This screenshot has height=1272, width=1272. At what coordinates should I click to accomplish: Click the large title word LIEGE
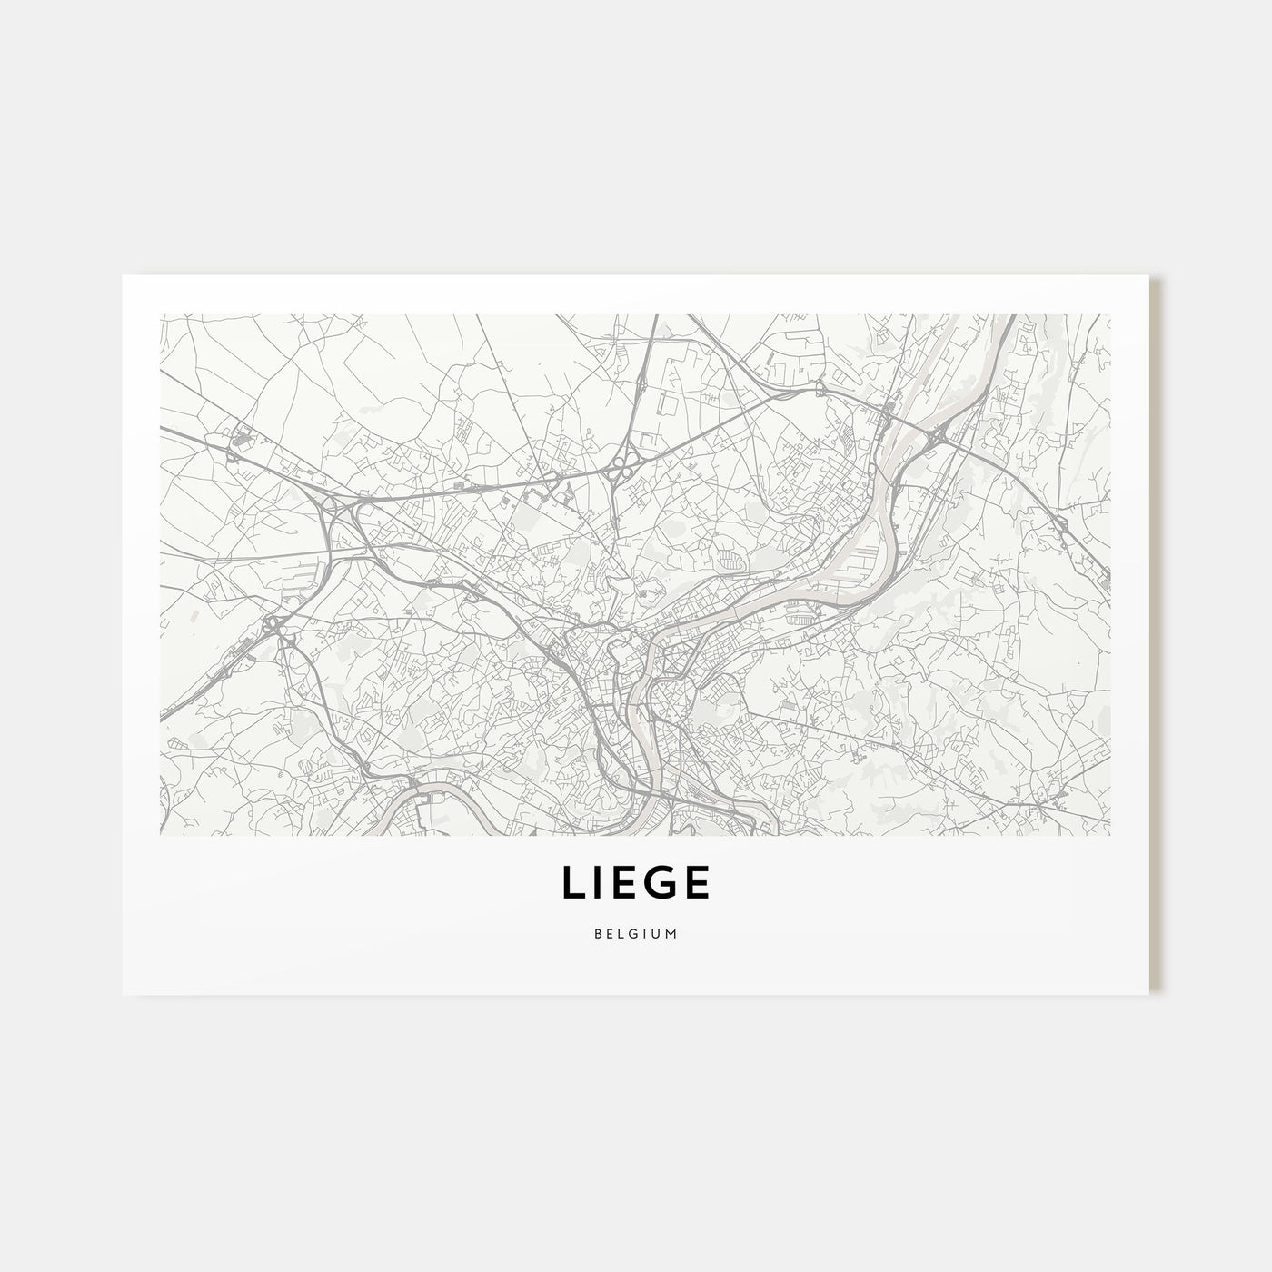pyautogui.click(x=635, y=882)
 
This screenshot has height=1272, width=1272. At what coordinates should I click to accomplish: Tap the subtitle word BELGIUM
pyautogui.click(x=635, y=933)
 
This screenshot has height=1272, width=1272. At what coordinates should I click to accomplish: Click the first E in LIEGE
pyautogui.click(x=627, y=882)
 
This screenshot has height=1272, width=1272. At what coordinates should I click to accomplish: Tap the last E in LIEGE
pyautogui.click(x=696, y=882)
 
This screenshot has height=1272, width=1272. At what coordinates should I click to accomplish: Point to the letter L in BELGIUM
pyautogui.click(x=621, y=933)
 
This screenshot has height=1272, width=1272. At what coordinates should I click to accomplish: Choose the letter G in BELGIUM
pyautogui.click(x=634, y=933)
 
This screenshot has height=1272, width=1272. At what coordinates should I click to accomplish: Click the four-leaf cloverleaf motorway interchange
pyautogui.click(x=621, y=469)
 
